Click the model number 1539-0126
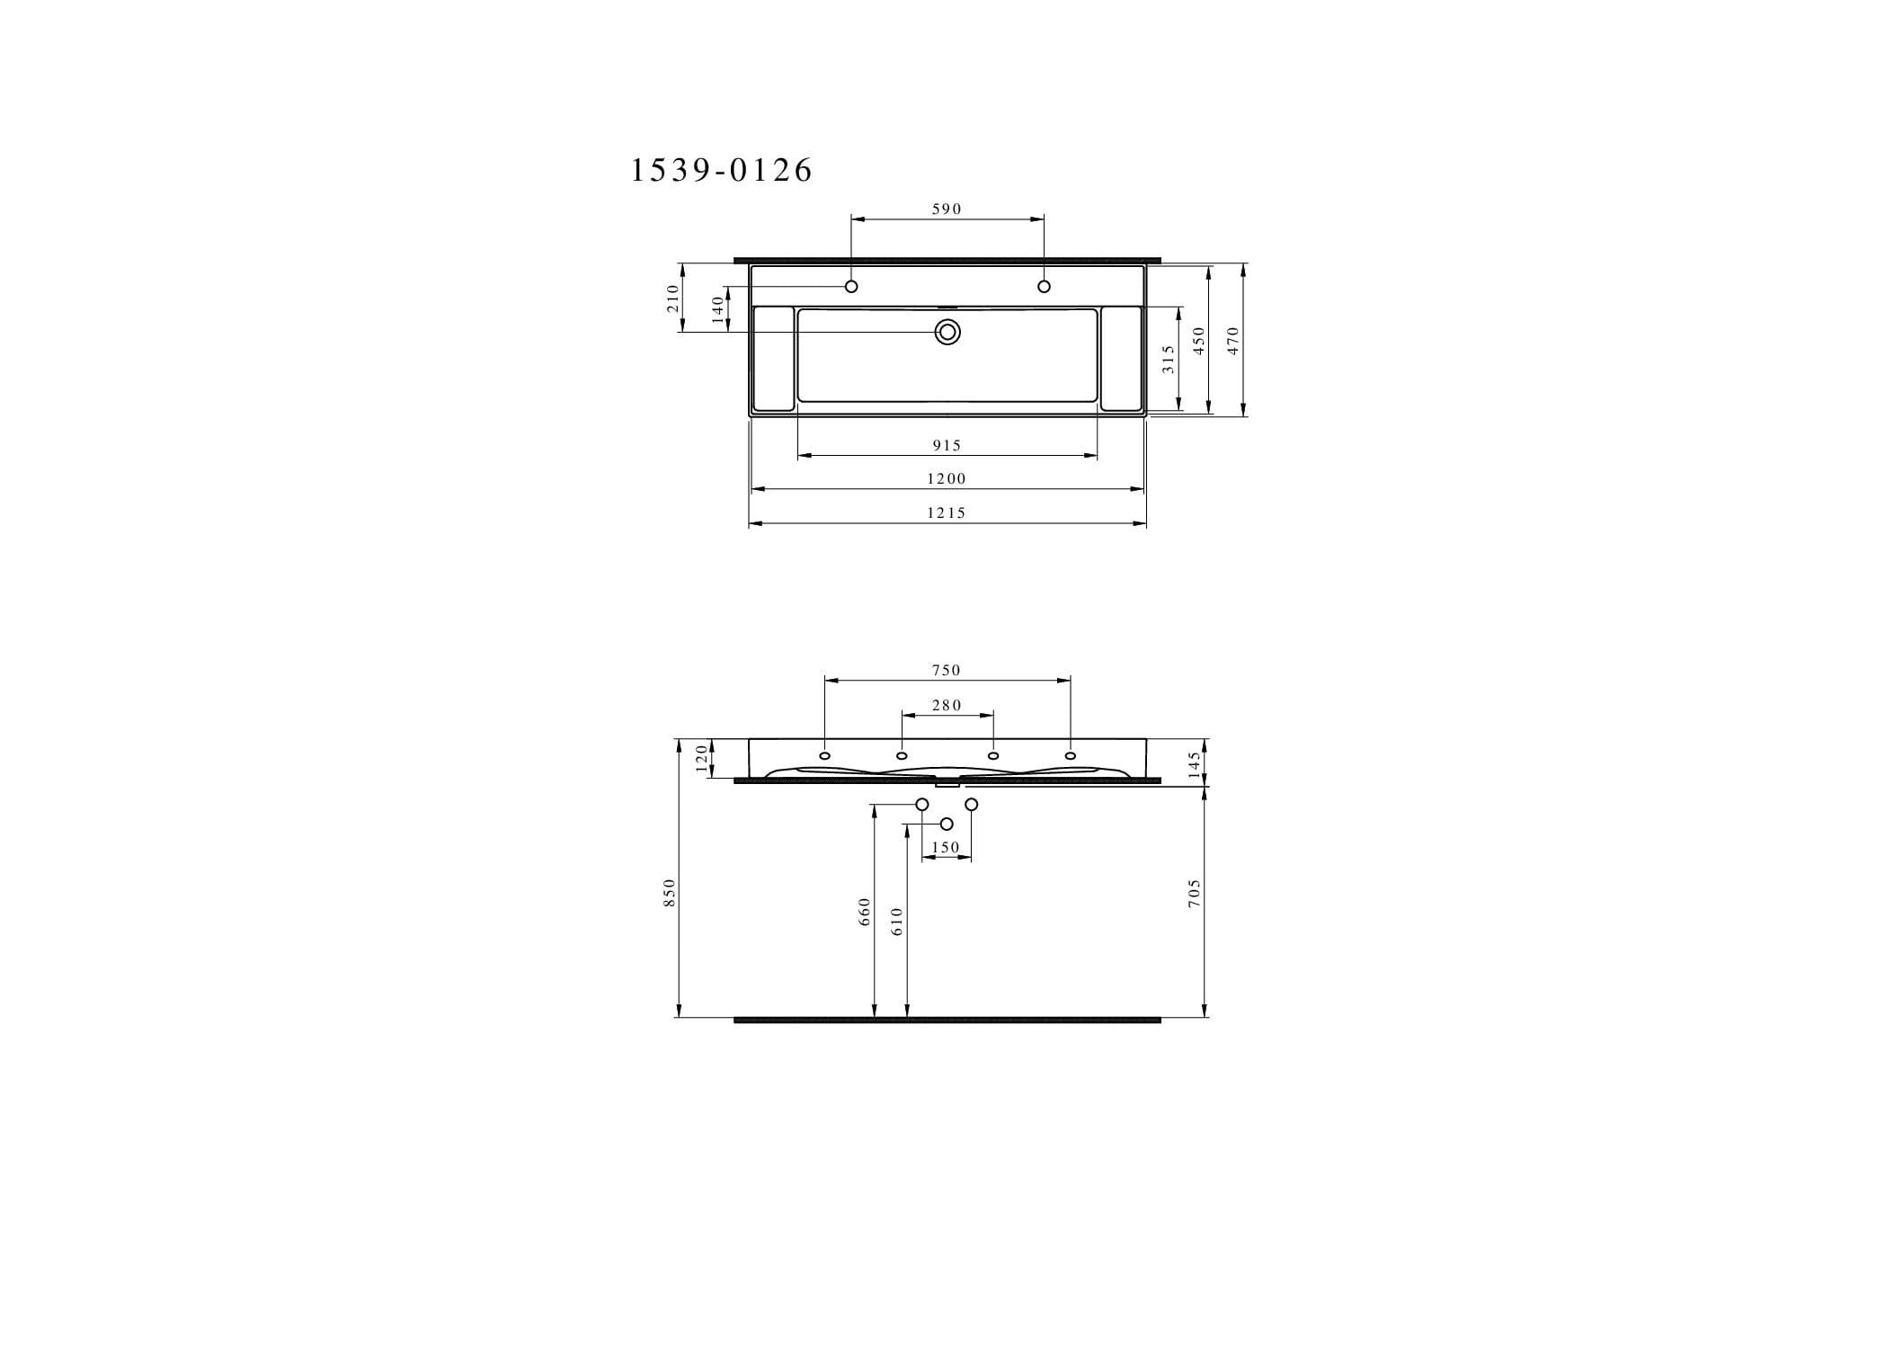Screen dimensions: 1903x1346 [721, 170]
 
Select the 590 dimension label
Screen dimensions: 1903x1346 [947, 209]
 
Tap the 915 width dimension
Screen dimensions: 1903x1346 [947, 445]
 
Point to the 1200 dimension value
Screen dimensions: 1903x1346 [947, 478]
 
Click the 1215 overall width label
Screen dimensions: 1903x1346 [947, 513]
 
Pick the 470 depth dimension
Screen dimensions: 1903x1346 [1233, 341]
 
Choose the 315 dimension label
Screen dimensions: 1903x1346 [1168, 360]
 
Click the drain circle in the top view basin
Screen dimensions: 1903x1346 [947, 333]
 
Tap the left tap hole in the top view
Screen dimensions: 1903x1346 [851, 287]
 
